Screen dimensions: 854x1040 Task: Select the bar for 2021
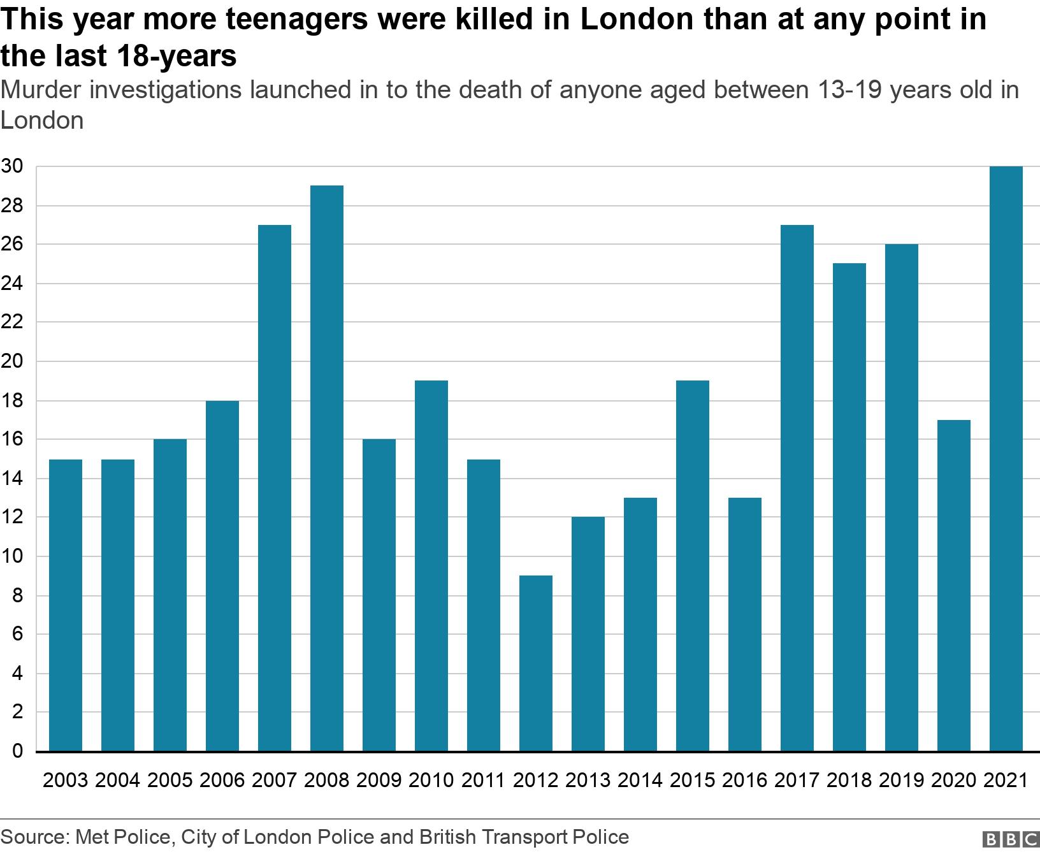[x=1006, y=459]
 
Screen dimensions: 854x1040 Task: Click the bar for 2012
[x=536, y=663]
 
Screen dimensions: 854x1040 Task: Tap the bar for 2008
[x=327, y=468]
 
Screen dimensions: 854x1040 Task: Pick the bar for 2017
[x=797, y=488]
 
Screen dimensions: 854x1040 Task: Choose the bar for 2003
[x=66, y=605]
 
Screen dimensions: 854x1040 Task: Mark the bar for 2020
[x=954, y=586]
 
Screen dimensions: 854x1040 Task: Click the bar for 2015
[x=693, y=566]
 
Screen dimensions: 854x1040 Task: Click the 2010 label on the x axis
[x=431, y=780]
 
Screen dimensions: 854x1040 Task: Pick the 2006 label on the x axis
[x=222, y=780]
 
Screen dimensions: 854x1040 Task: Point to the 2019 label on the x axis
[x=901, y=780]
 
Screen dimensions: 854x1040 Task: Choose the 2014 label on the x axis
[x=640, y=780]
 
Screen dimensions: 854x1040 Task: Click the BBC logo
[x=1009, y=838]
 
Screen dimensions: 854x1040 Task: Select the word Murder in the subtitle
[x=43, y=90]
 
